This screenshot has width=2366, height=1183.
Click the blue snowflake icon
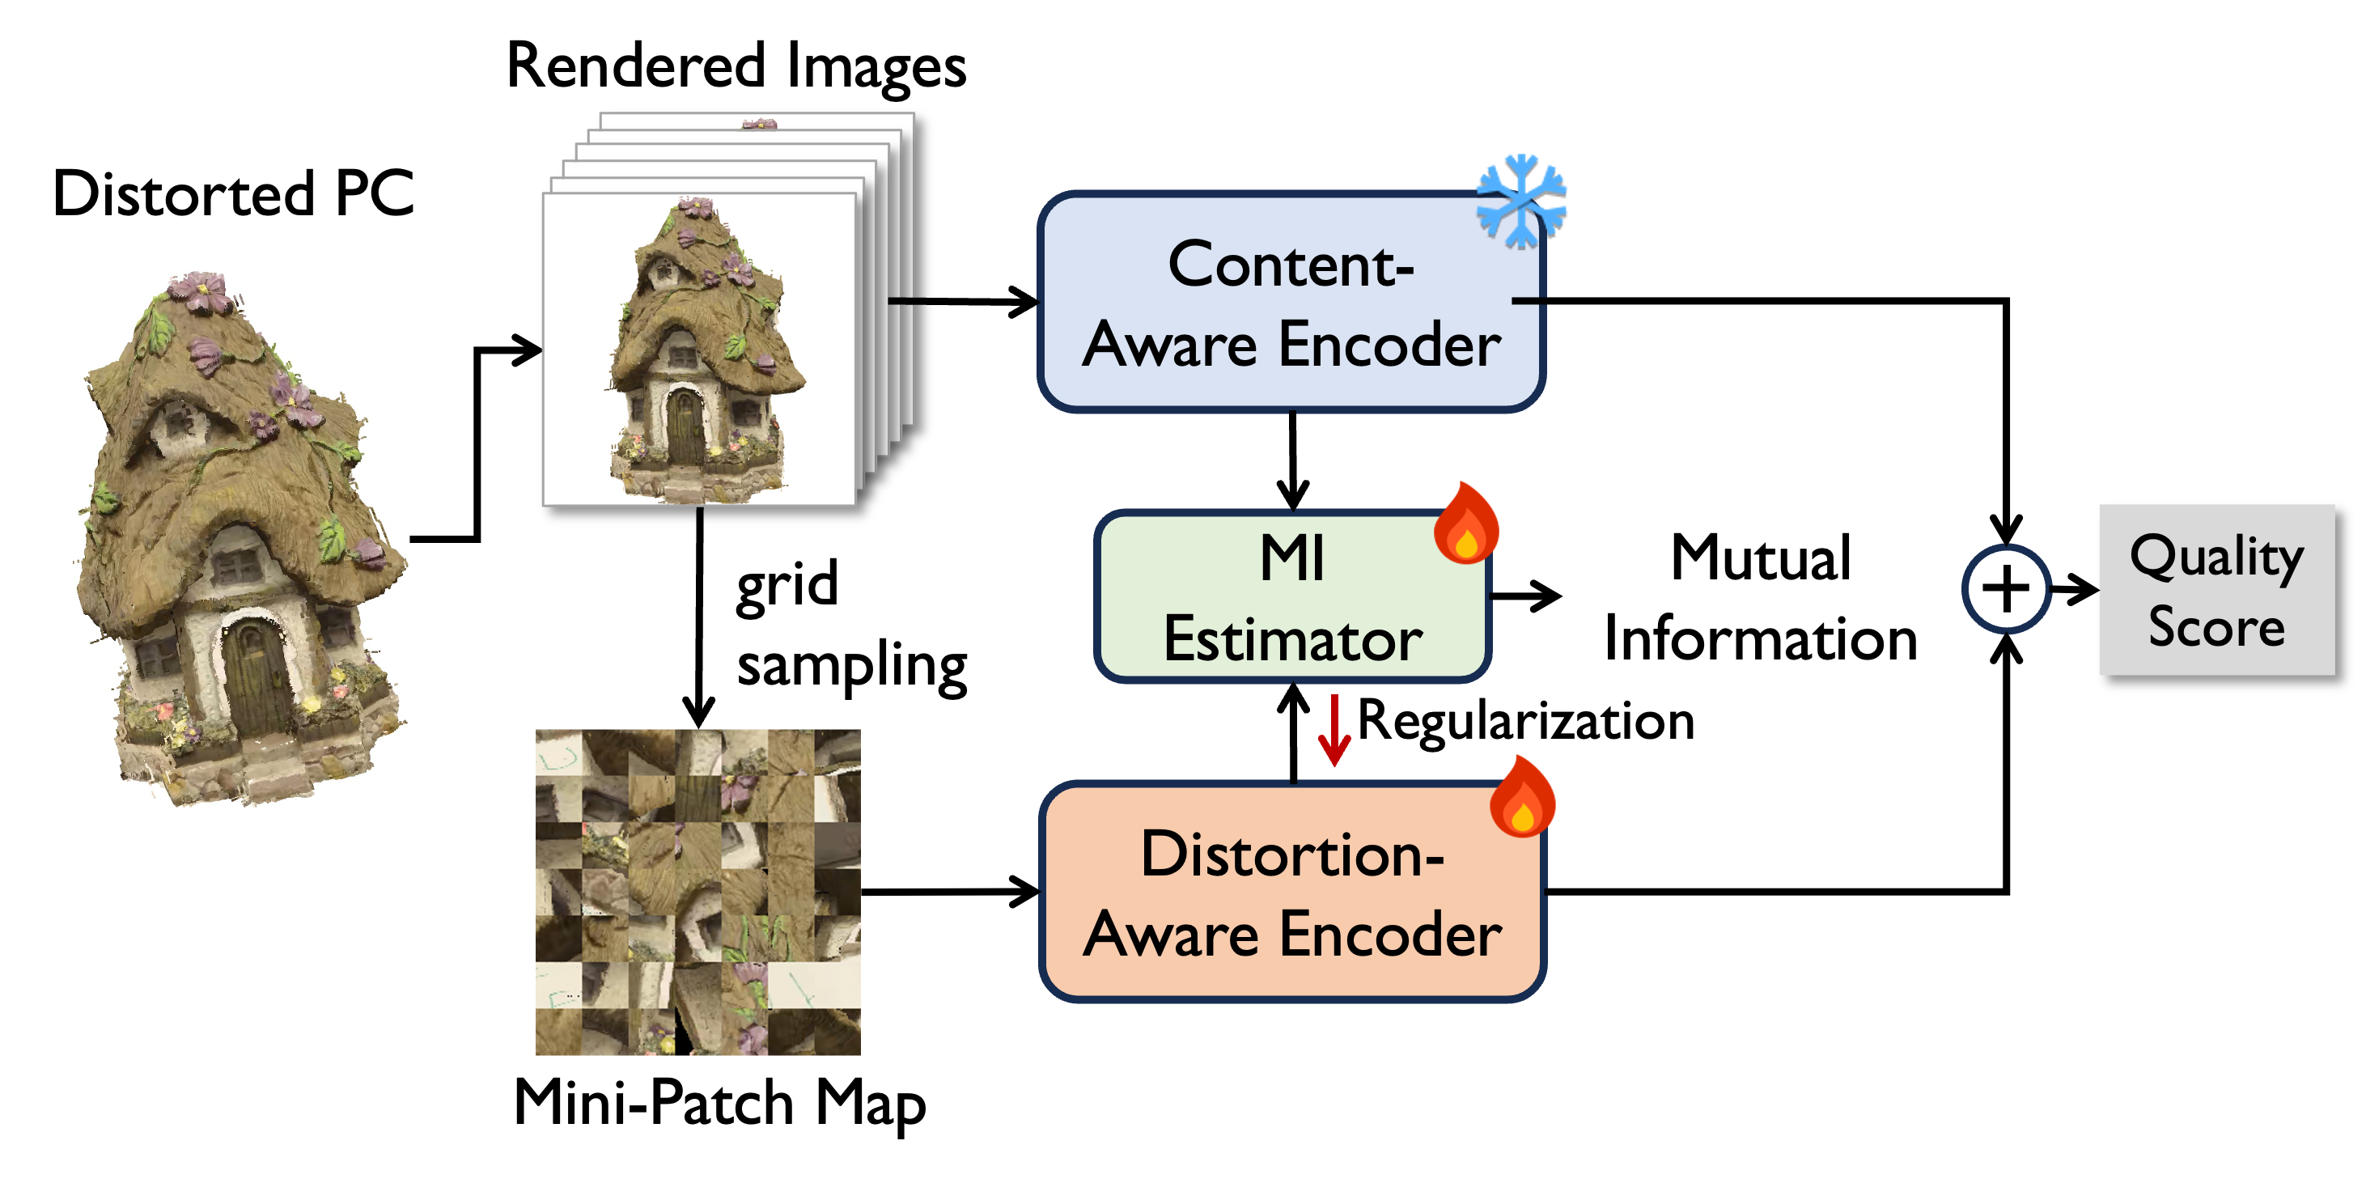tap(1521, 200)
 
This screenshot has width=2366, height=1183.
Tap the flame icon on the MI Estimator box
tap(1466, 524)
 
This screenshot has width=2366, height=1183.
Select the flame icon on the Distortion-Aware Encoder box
tap(1522, 797)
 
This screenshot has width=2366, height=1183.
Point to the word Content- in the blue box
tap(1291, 265)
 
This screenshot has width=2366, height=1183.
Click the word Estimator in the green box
tap(1292, 640)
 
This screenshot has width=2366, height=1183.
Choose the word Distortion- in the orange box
tap(1291, 855)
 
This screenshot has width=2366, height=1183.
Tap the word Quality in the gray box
tap(2216, 557)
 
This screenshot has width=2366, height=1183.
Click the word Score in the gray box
tap(2216, 628)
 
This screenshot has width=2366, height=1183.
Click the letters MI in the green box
tap(1292, 558)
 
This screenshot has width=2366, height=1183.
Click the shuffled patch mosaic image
tap(698, 892)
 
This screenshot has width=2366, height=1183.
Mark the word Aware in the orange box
tap(1169, 936)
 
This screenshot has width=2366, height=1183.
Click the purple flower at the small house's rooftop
tap(695, 208)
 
